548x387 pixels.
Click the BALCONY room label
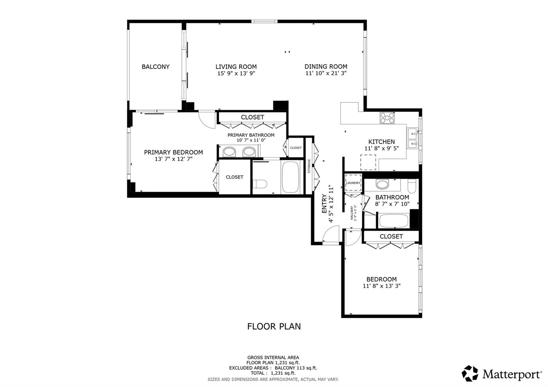[155, 67]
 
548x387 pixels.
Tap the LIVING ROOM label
[236, 66]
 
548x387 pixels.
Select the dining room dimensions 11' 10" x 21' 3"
[326, 73]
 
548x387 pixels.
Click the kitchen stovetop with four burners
[387, 118]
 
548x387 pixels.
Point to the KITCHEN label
[382, 142]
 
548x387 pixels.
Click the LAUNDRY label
[353, 183]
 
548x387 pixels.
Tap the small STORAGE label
[309, 166]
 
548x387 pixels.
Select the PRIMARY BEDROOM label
[173, 152]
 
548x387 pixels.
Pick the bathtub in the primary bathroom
[290, 177]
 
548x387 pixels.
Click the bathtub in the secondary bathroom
[394, 221]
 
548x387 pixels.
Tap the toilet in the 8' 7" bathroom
[412, 186]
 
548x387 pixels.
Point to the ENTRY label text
[324, 203]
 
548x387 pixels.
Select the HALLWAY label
[351, 213]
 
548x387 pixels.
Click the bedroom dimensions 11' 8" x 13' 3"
[382, 286]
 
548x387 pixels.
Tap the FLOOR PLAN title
[274, 326]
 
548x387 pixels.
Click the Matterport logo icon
[470, 374]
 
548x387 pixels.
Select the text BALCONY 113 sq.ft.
[296, 368]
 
